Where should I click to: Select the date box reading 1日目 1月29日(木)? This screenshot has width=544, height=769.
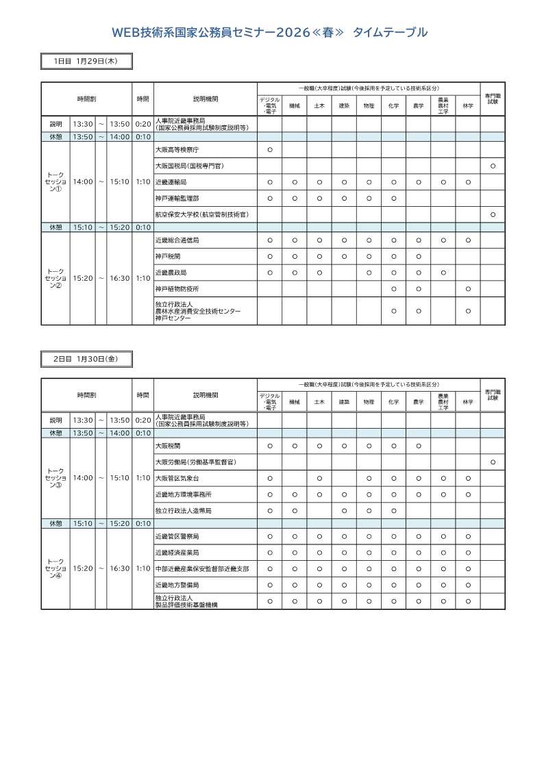click(86, 62)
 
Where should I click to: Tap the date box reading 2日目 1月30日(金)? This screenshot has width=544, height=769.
click(86, 358)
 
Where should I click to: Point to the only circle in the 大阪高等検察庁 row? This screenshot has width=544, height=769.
click(270, 149)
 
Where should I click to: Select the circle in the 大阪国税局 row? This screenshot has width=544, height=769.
click(493, 166)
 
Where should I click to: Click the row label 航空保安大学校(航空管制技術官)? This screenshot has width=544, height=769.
click(192, 215)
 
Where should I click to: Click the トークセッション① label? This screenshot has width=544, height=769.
click(55, 182)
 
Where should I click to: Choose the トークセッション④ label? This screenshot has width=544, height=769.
click(55, 568)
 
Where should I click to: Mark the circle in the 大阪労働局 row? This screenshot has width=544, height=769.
click(493, 462)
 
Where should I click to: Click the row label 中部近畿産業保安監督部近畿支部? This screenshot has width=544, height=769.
click(201, 569)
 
